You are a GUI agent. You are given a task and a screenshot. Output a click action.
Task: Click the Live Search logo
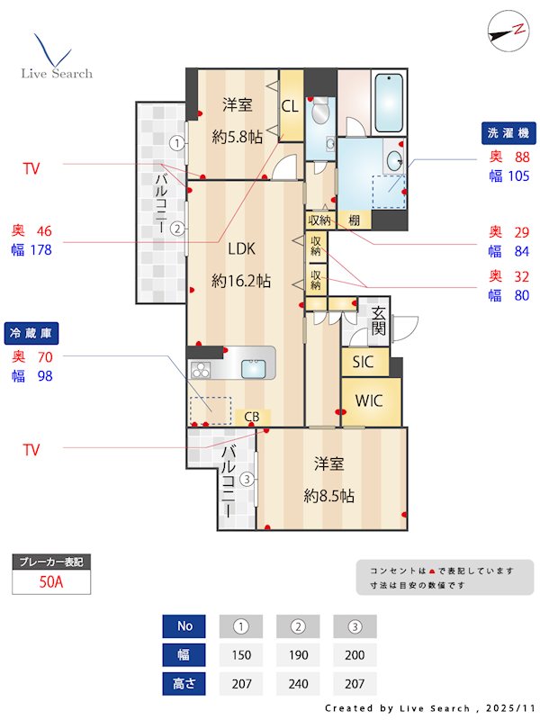pyautogui.click(x=56, y=58)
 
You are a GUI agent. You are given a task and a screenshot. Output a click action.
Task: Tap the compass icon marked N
pyautogui.click(x=507, y=29)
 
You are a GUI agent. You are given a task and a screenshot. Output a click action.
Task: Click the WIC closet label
pyautogui.click(x=369, y=400)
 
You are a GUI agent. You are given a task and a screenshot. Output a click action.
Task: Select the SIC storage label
pyautogui.click(x=363, y=363)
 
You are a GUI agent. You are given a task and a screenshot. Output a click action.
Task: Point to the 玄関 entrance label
pyautogui.click(x=379, y=320)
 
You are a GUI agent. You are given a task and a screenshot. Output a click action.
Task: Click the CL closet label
pyautogui.click(x=290, y=106)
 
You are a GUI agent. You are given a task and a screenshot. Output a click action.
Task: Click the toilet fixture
pyautogui.click(x=319, y=115)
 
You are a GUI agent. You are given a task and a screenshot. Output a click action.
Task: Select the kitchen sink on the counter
pyautogui.click(x=255, y=368)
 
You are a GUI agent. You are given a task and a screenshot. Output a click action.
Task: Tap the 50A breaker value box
pyautogui.click(x=51, y=581)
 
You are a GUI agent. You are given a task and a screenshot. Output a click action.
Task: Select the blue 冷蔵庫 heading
pyautogui.click(x=31, y=333)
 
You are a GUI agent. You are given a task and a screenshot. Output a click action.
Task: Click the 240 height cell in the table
pyautogui.click(x=299, y=683)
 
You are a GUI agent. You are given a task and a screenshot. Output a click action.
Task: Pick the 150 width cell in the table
pyautogui.click(x=241, y=654)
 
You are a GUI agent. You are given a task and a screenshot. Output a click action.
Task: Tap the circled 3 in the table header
pyautogui.click(x=355, y=625)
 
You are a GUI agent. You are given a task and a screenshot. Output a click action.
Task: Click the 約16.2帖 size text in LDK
pyautogui.click(x=241, y=281)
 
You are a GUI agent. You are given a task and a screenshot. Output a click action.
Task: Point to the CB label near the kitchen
pyautogui.click(x=253, y=417)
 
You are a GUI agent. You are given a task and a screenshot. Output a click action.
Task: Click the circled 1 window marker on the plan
pyautogui.click(x=178, y=142)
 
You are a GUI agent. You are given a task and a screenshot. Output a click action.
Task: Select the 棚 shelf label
pyautogui.click(x=355, y=220)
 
